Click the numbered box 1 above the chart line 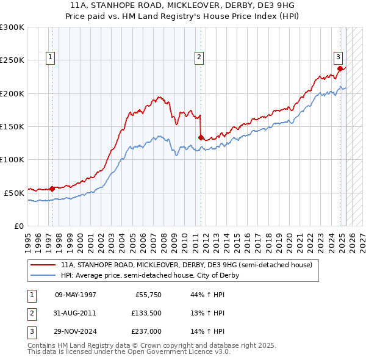50,58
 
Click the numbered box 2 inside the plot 199,58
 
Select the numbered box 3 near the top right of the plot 337,58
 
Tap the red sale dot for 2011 201,137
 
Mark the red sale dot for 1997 52,189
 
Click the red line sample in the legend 43,265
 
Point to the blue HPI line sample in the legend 43,275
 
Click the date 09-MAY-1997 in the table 76,295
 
